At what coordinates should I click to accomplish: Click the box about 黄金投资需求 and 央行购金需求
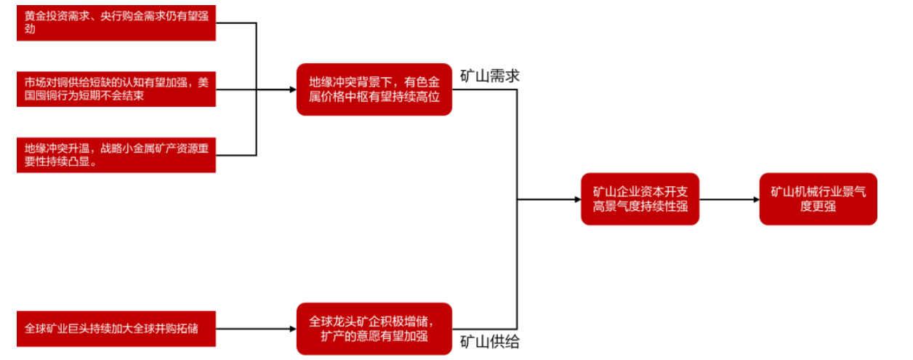point(116,23)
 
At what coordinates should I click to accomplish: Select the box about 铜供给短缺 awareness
point(116,89)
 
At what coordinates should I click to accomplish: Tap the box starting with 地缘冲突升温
point(116,154)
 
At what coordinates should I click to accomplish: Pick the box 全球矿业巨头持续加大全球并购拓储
point(116,329)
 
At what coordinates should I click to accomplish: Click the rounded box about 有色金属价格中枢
point(374,89)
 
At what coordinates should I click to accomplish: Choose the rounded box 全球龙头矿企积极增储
point(374,329)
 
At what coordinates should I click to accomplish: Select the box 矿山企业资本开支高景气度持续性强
point(640,199)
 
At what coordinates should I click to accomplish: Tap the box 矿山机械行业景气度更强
point(818,199)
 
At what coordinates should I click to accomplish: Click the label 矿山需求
point(489,76)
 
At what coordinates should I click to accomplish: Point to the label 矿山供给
point(489,342)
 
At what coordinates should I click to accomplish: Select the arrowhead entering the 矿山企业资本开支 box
point(576,199)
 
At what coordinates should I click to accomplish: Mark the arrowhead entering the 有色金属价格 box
point(291,89)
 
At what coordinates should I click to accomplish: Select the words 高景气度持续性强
point(640,207)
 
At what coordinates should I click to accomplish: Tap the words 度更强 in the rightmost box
point(818,207)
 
